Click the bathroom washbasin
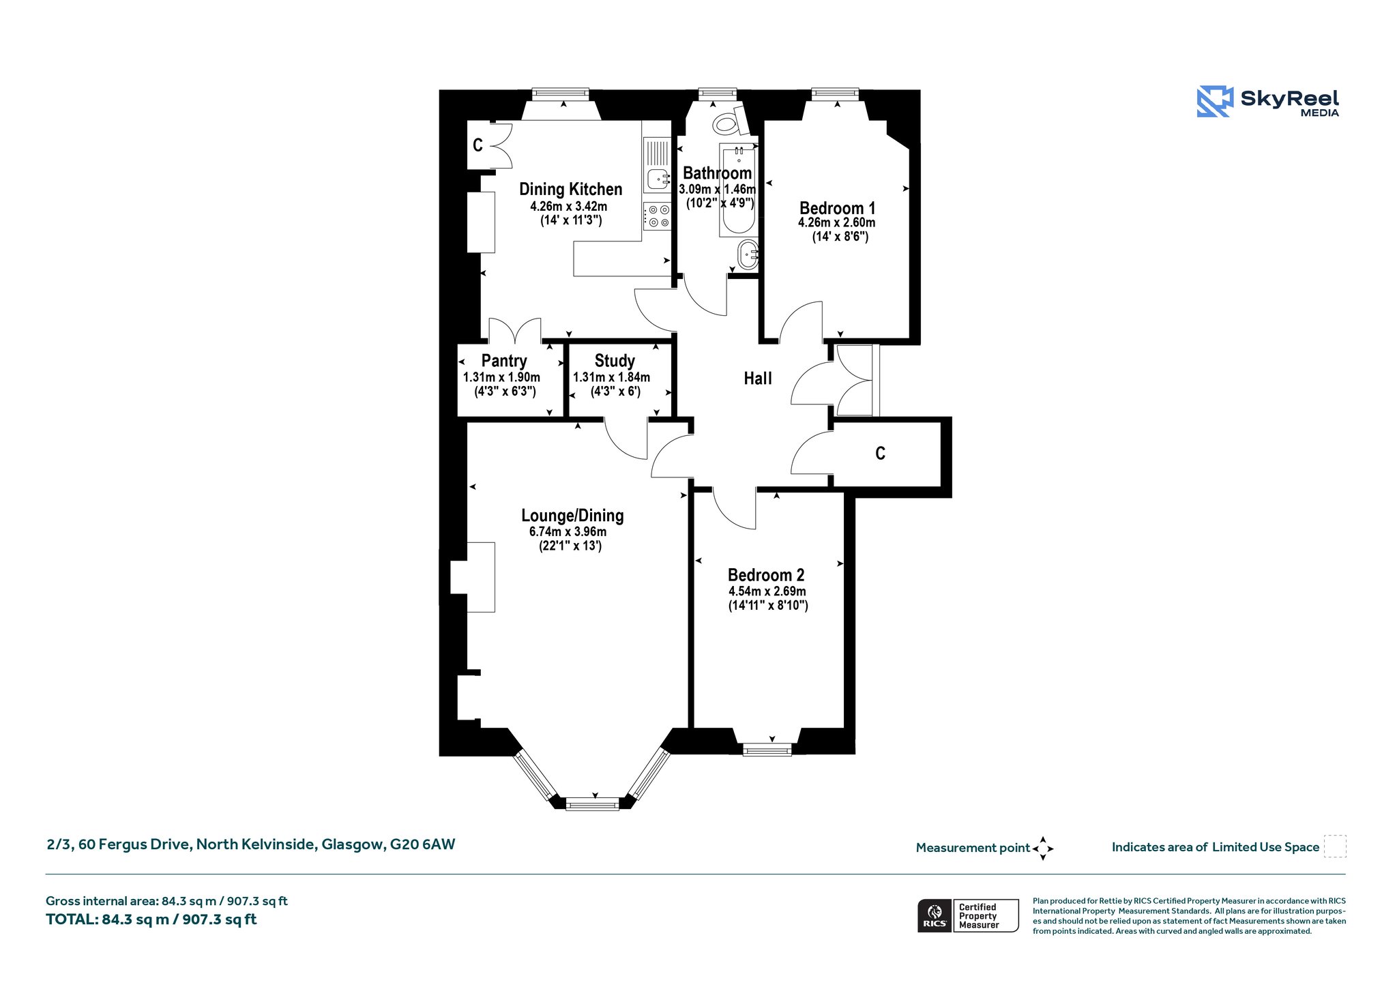(748, 254)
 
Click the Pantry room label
(504, 361)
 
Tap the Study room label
(615, 361)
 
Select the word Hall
(758, 379)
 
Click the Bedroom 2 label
(766, 575)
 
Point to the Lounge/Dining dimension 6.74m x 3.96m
(568, 532)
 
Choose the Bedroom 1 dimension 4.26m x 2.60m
(837, 222)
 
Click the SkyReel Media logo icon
(1215, 102)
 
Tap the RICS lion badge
(935, 915)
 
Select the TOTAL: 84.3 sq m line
(151, 919)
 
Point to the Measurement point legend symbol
(1043, 849)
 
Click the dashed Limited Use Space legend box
(1335, 846)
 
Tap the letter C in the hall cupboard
(881, 454)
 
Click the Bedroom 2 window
(767, 750)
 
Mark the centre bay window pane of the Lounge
(593, 804)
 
